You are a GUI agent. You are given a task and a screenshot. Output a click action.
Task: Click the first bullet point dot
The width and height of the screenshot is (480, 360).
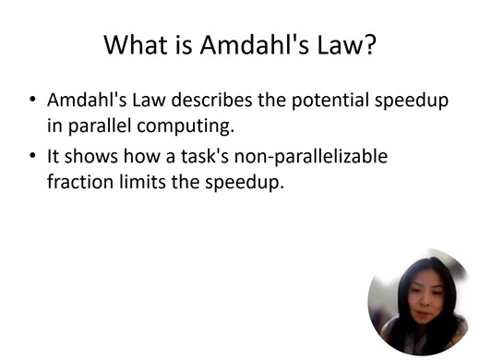coord(32,100)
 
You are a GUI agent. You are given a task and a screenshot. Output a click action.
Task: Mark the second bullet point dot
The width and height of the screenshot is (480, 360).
coord(32,157)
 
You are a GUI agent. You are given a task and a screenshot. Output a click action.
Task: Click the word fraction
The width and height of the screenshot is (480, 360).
coord(79,182)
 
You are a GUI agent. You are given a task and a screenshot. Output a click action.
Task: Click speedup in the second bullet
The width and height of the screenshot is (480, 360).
coord(245,182)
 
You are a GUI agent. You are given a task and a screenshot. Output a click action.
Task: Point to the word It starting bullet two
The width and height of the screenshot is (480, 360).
coord(54,157)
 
